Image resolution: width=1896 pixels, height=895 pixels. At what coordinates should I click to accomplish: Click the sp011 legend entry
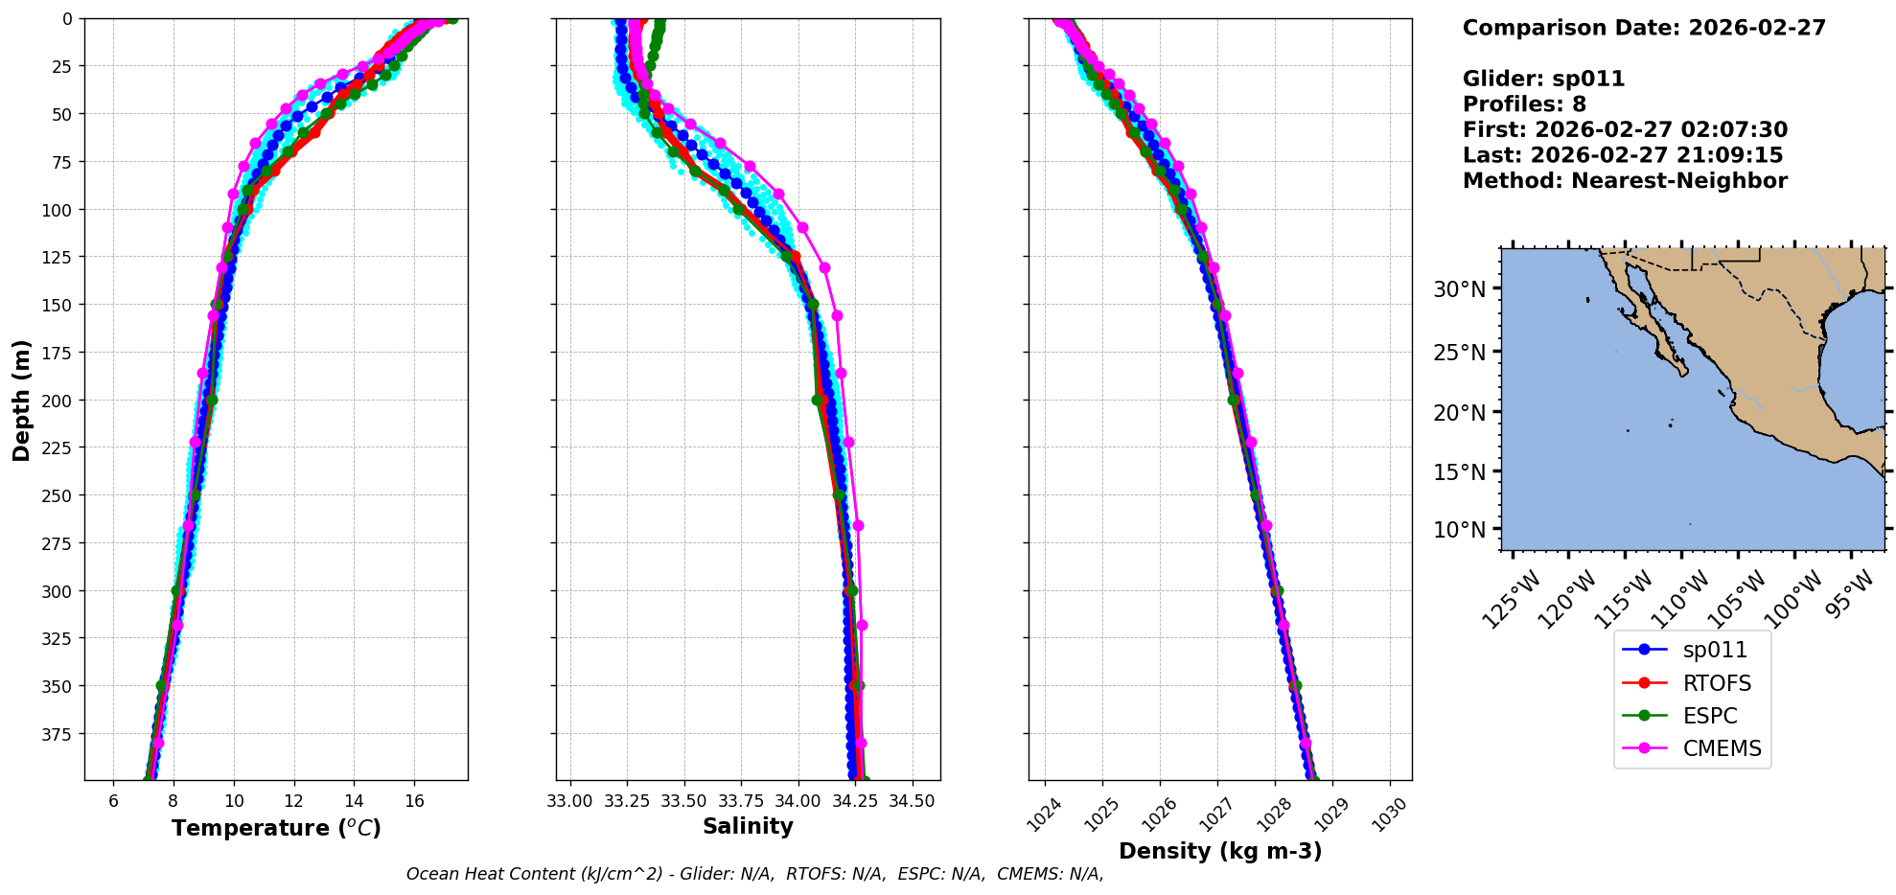(1714, 650)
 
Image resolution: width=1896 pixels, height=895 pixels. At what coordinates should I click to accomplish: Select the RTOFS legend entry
(1716, 683)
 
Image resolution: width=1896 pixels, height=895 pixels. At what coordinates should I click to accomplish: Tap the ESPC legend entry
(1709, 716)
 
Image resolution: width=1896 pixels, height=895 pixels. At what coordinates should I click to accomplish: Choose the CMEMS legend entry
(1722, 748)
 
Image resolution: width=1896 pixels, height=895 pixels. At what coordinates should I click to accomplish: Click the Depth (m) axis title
(21, 400)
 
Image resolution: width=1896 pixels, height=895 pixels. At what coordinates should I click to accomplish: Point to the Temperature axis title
(276, 828)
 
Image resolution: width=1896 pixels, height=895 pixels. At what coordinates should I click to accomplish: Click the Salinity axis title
(748, 826)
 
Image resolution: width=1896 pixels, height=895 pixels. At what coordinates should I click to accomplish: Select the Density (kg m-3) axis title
(1219, 851)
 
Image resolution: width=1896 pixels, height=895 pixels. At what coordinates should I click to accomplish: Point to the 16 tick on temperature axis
(414, 801)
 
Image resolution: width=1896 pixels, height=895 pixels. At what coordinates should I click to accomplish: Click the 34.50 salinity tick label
(912, 801)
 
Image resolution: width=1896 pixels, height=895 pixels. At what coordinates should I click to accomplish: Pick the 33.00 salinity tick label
(569, 801)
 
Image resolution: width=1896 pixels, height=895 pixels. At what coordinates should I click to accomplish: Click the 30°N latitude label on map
(1459, 289)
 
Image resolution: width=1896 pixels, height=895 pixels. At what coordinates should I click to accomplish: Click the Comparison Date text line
(1644, 28)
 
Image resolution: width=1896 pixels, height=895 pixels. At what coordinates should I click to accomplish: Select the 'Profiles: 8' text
(1524, 104)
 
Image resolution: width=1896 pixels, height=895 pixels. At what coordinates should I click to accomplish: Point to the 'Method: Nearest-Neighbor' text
(1625, 181)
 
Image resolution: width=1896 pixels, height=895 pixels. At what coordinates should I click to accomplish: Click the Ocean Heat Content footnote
(754, 874)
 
